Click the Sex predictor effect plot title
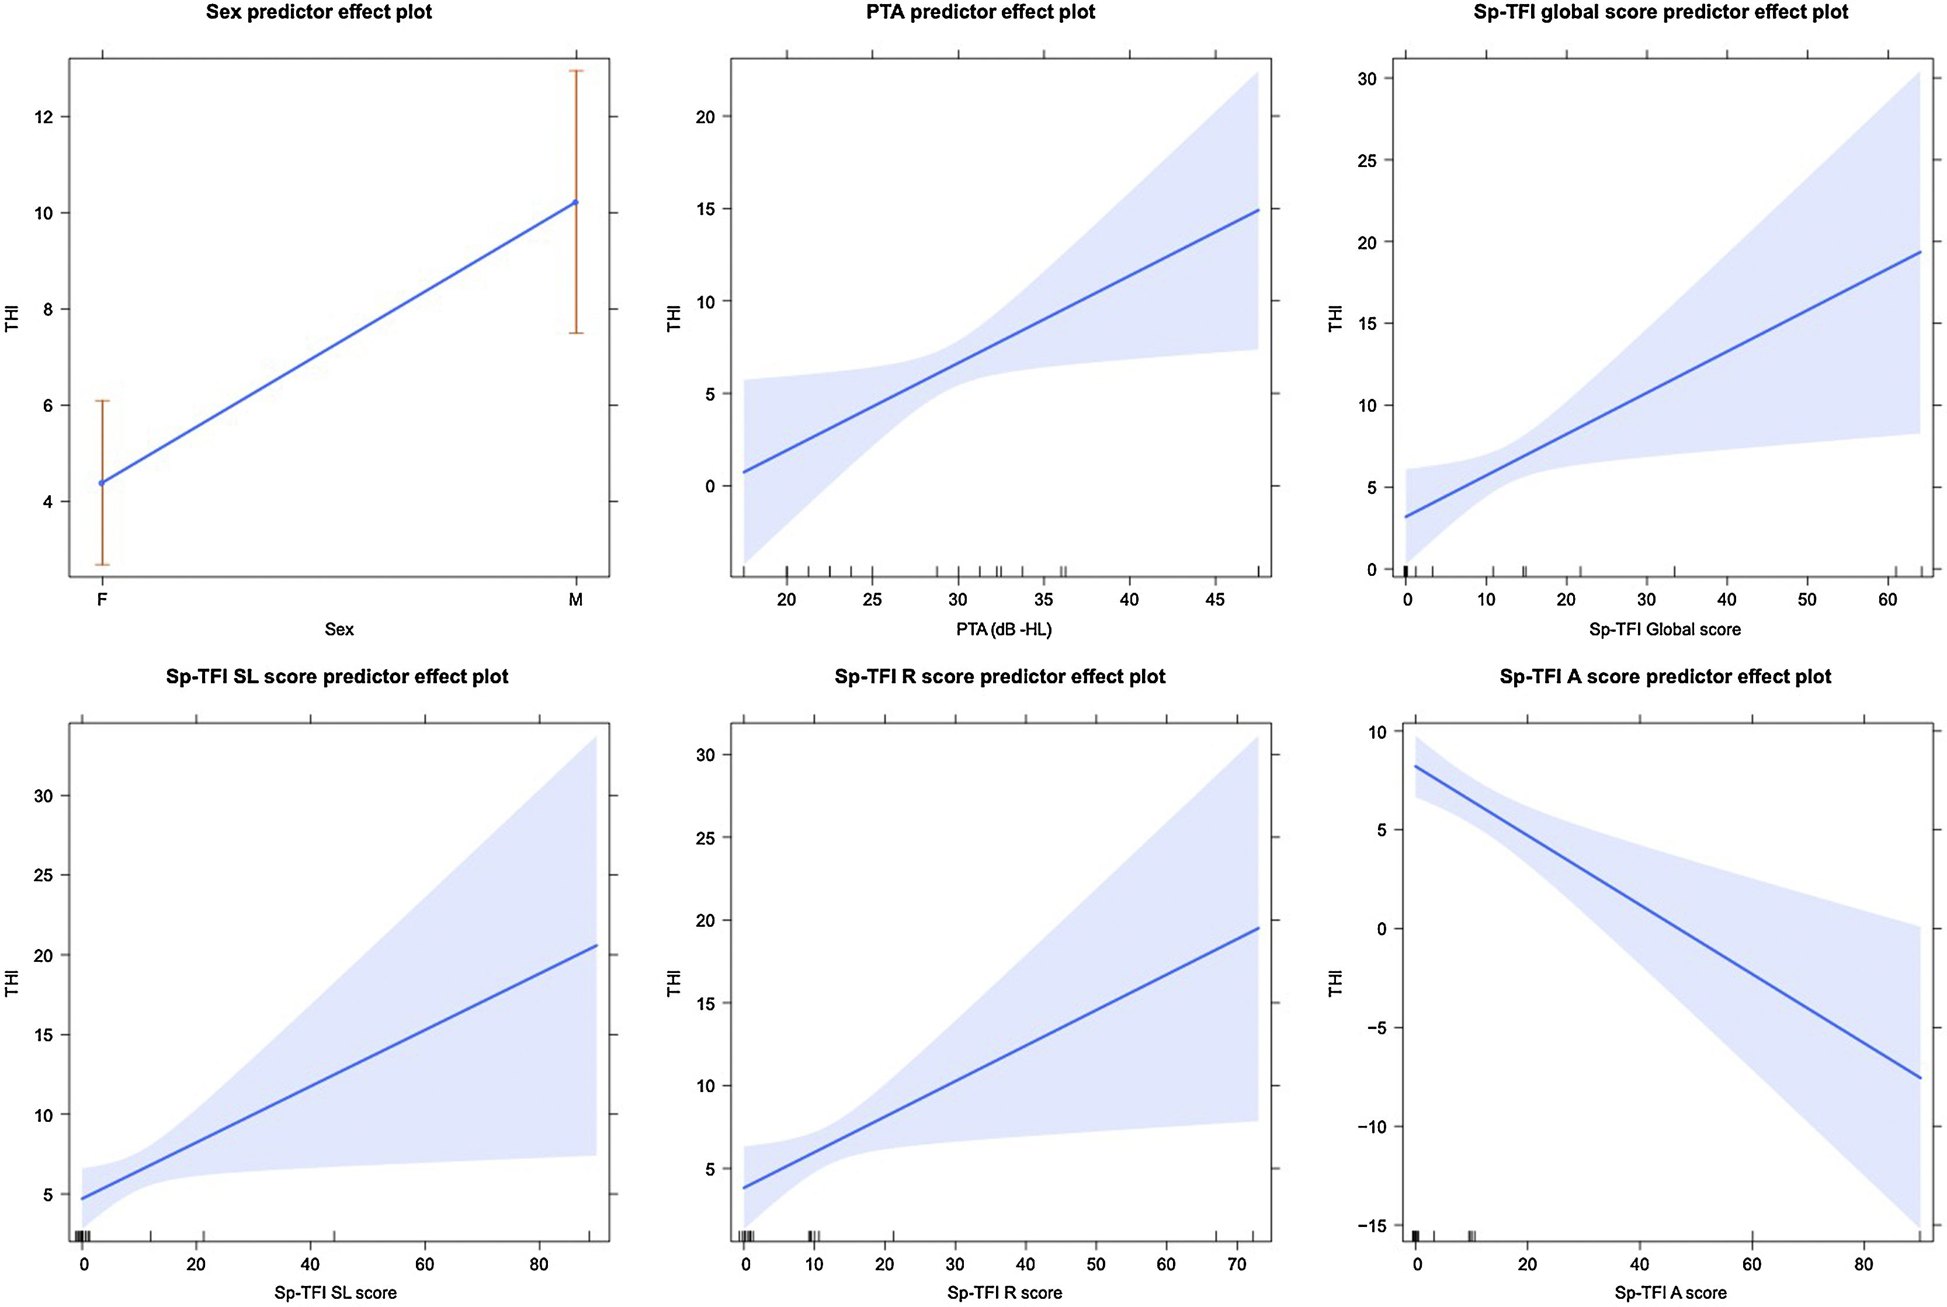click(x=320, y=12)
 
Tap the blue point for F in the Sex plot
click(x=102, y=482)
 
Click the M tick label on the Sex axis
click(x=575, y=599)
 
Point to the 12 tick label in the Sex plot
click(x=43, y=117)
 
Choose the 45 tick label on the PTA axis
click(x=1215, y=599)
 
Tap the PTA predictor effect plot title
click(x=981, y=12)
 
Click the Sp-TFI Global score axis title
click(x=1664, y=630)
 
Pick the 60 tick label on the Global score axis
click(x=1887, y=599)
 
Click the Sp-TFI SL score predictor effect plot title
click(x=337, y=676)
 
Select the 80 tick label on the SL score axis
click(x=539, y=1264)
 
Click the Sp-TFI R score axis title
click(x=1004, y=1293)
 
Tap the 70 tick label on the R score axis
click(x=1237, y=1264)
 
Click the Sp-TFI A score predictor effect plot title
click(x=1665, y=676)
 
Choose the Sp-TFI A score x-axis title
click(x=1670, y=1293)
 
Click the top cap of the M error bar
click(x=575, y=71)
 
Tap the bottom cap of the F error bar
click(x=102, y=564)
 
